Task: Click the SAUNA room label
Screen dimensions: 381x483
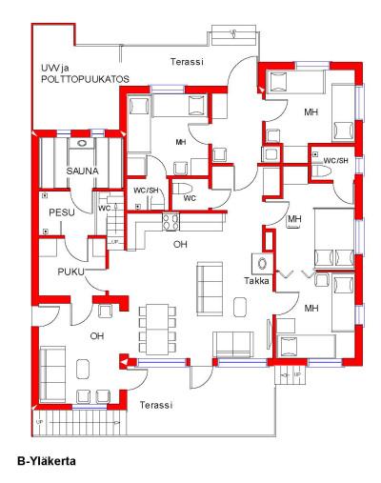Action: click(x=82, y=171)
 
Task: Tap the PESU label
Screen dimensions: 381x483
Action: click(x=62, y=212)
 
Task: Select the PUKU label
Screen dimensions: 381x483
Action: click(x=71, y=272)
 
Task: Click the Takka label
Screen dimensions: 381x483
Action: click(x=256, y=281)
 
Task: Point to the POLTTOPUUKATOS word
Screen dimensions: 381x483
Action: click(x=85, y=79)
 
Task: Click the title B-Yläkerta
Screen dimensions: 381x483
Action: click(x=47, y=461)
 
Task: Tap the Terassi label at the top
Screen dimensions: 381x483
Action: click(x=187, y=62)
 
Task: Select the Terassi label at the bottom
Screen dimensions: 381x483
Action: click(x=156, y=405)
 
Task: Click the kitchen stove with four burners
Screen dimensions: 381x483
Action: click(x=170, y=221)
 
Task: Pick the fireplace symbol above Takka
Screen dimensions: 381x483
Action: click(x=263, y=264)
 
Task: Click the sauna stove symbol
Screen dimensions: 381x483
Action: click(x=82, y=143)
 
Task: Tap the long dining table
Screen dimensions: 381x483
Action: click(x=157, y=330)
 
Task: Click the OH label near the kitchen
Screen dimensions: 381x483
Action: click(x=180, y=244)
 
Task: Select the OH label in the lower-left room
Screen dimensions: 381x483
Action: click(x=97, y=335)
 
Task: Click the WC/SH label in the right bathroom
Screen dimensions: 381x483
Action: click(x=335, y=161)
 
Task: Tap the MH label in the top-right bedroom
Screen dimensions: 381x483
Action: click(x=311, y=112)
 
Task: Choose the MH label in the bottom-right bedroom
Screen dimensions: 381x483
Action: click(x=311, y=308)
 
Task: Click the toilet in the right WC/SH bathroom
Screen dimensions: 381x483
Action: click(x=322, y=171)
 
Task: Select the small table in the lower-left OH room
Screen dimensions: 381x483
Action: click(x=83, y=369)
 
